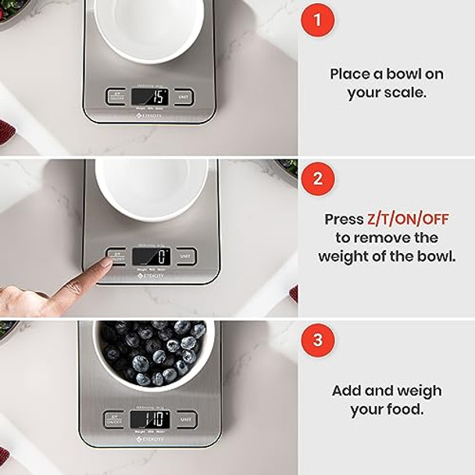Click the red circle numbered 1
pos(317,20)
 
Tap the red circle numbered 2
pos(317,179)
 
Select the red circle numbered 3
pos(317,341)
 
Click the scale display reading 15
pos(150,97)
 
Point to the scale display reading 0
pos(151,256)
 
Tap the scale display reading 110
pos(150,419)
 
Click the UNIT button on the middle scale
pos(186,256)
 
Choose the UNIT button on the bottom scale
pos(187,419)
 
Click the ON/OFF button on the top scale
pos(115,97)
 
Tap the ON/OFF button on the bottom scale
pos(114,419)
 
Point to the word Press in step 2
pos(345,220)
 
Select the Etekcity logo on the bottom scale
pos(149,439)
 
